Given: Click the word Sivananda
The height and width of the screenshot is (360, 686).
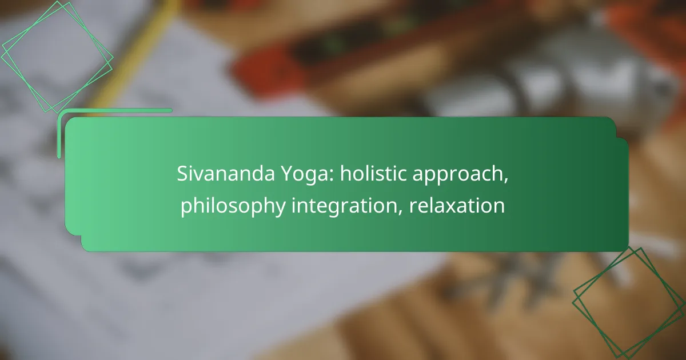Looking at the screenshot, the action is click(226, 174).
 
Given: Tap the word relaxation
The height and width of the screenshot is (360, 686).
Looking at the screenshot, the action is click(457, 205).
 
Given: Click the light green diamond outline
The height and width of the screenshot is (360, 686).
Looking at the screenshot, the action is click(57, 57).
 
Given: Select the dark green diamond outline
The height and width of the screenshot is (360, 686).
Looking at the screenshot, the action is click(629, 303).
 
